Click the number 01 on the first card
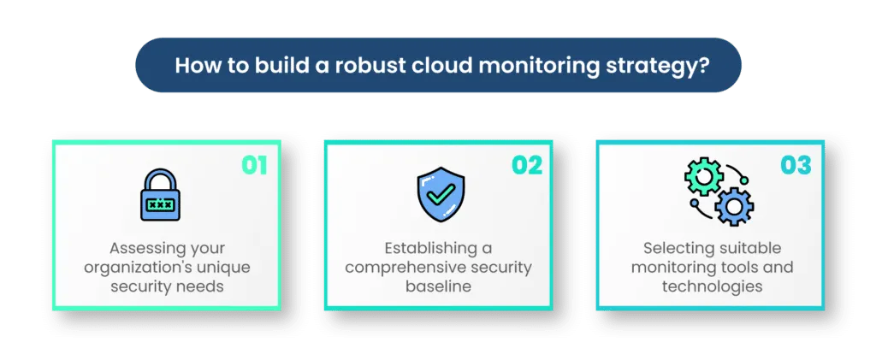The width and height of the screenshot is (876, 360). pyautogui.click(x=254, y=164)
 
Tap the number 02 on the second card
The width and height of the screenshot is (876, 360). pyautogui.click(x=527, y=164)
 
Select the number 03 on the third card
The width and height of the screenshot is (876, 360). pyautogui.click(x=796, y=164)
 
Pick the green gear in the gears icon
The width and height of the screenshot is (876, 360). pyautogui.click(x=703, y=177)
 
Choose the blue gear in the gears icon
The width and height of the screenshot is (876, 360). pyautogui.click(x=733, y=207)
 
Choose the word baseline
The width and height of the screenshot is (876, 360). pyautogui.click(x=439, y=286)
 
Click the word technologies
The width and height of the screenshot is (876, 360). pyautogui.click(x=712, y=286)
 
